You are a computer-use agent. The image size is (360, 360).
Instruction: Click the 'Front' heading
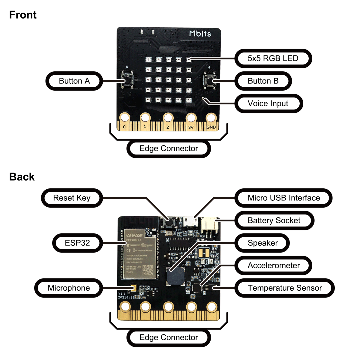(23, 15)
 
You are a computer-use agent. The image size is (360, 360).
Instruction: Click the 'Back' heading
(22, 177)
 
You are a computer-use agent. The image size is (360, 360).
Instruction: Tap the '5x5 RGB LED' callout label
(273, 58)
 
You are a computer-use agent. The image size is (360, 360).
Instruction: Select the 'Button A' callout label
(74, 81)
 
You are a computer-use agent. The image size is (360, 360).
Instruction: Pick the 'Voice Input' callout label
(268, 103)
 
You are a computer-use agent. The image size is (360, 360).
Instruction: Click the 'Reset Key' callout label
(72, 198)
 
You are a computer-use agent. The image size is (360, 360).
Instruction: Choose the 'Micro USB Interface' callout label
(283, 198)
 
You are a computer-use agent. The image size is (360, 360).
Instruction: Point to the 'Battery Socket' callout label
(274, 220)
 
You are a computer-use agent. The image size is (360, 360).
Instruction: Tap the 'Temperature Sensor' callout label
(284, 288)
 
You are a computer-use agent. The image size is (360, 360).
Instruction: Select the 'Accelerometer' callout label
(274, 265)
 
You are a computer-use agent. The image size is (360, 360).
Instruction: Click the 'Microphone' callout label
(69, 288)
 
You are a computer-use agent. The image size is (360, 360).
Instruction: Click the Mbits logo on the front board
(200, 34)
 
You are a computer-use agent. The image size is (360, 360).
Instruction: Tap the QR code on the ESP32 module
(147, 270)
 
